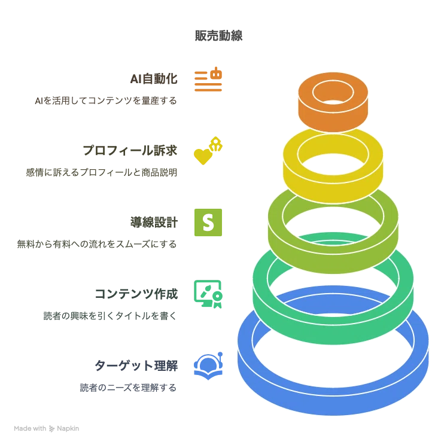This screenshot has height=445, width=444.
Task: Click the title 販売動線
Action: point(218,36)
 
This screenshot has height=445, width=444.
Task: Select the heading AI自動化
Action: point(154,79)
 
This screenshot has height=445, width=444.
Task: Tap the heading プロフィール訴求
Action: point(130,150)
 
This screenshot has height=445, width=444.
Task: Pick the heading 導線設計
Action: point(154,222)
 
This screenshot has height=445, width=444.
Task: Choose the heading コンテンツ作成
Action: point(136,294)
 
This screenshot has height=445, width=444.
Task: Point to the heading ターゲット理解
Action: point(136,365)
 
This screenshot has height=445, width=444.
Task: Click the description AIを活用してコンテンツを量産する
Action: point(106,100)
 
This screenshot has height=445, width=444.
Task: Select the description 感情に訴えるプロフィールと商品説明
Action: point(102,172)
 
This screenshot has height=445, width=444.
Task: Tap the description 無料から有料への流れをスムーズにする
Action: point(97,244)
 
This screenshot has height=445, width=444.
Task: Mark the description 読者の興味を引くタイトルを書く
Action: point(110,316)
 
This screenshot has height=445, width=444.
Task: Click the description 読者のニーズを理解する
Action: point(128,388)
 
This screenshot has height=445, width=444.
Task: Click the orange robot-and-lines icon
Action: point(208,79)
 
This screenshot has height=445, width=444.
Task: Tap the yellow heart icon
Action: point(203,157)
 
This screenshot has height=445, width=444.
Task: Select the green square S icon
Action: point(208,222)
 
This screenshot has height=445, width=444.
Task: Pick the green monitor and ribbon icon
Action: point(208,294)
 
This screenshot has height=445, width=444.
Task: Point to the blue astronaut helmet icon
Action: point(208,366)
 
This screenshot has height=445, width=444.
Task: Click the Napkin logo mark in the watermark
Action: point(51,428)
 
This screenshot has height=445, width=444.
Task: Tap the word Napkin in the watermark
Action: point(68,428)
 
